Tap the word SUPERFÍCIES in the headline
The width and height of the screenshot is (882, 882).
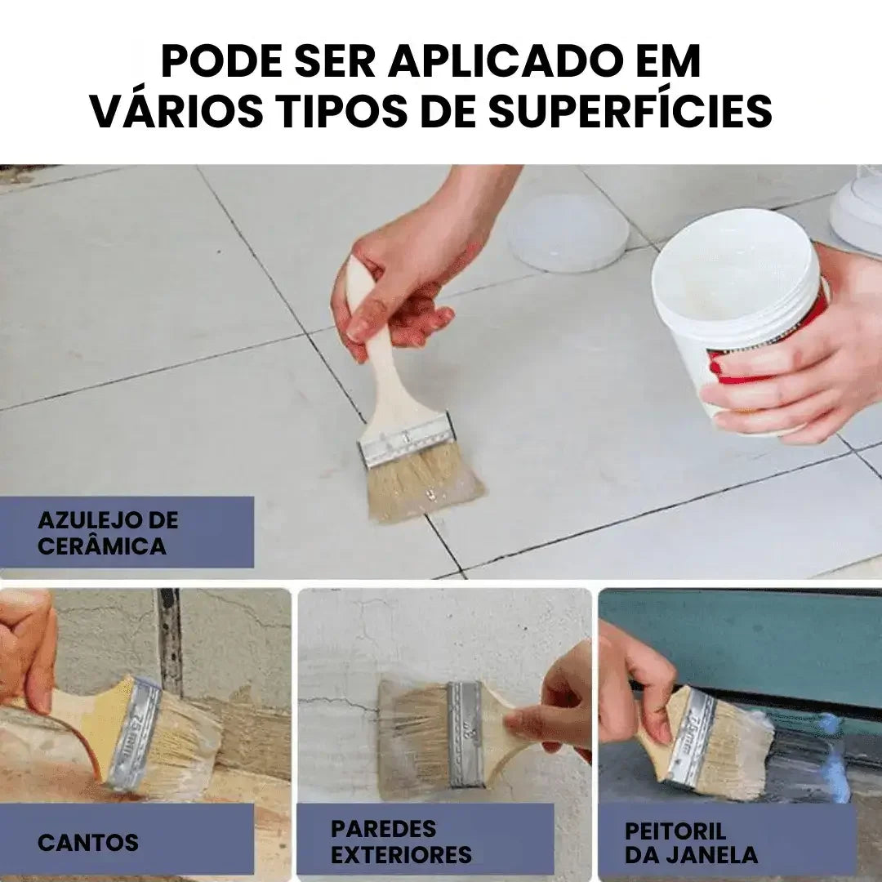click(x=630, y=112)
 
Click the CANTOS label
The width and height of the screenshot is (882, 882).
click(x=88, y=842)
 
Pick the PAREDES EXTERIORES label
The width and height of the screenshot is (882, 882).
click(x=401, y=842)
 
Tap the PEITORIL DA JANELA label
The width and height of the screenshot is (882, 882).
click(x=691, y=843)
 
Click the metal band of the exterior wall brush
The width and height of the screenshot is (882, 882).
click(x=465, y=733)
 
